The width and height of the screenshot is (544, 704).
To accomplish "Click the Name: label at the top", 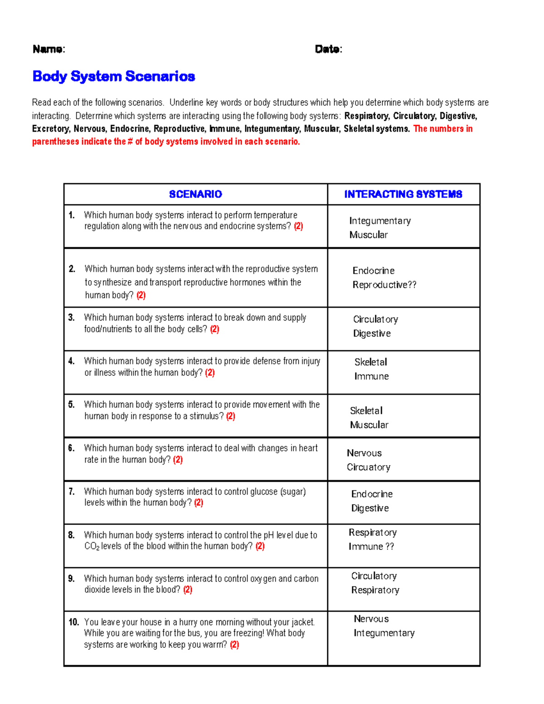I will point(49,49).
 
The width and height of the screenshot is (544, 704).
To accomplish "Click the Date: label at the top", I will point(328,49).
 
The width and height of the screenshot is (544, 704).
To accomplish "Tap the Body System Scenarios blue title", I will point(113,76).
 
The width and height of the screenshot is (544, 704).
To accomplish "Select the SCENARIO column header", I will point(195,194).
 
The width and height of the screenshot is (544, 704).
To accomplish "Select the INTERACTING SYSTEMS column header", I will point(403,194).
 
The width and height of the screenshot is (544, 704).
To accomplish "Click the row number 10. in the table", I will point(73,622).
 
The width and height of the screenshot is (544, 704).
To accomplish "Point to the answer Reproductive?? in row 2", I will point(384,285).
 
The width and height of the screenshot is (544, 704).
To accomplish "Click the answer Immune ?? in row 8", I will point(371,546).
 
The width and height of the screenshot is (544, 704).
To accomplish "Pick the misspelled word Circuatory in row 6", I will point(368,467).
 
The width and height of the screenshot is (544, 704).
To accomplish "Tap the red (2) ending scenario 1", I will point(298,226).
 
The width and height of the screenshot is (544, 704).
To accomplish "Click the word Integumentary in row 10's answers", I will point(384,633).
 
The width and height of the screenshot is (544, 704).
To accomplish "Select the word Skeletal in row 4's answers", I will point(370,362).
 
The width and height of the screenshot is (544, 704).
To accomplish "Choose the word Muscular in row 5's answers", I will point(369,425).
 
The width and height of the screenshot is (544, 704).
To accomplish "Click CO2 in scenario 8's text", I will point(92,546).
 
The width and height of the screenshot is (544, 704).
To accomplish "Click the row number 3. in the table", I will point(71,317).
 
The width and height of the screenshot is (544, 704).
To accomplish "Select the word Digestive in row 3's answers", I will point(372,333).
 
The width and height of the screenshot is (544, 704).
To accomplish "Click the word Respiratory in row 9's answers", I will point(375,590).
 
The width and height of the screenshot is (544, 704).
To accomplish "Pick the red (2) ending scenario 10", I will point(234,645).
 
